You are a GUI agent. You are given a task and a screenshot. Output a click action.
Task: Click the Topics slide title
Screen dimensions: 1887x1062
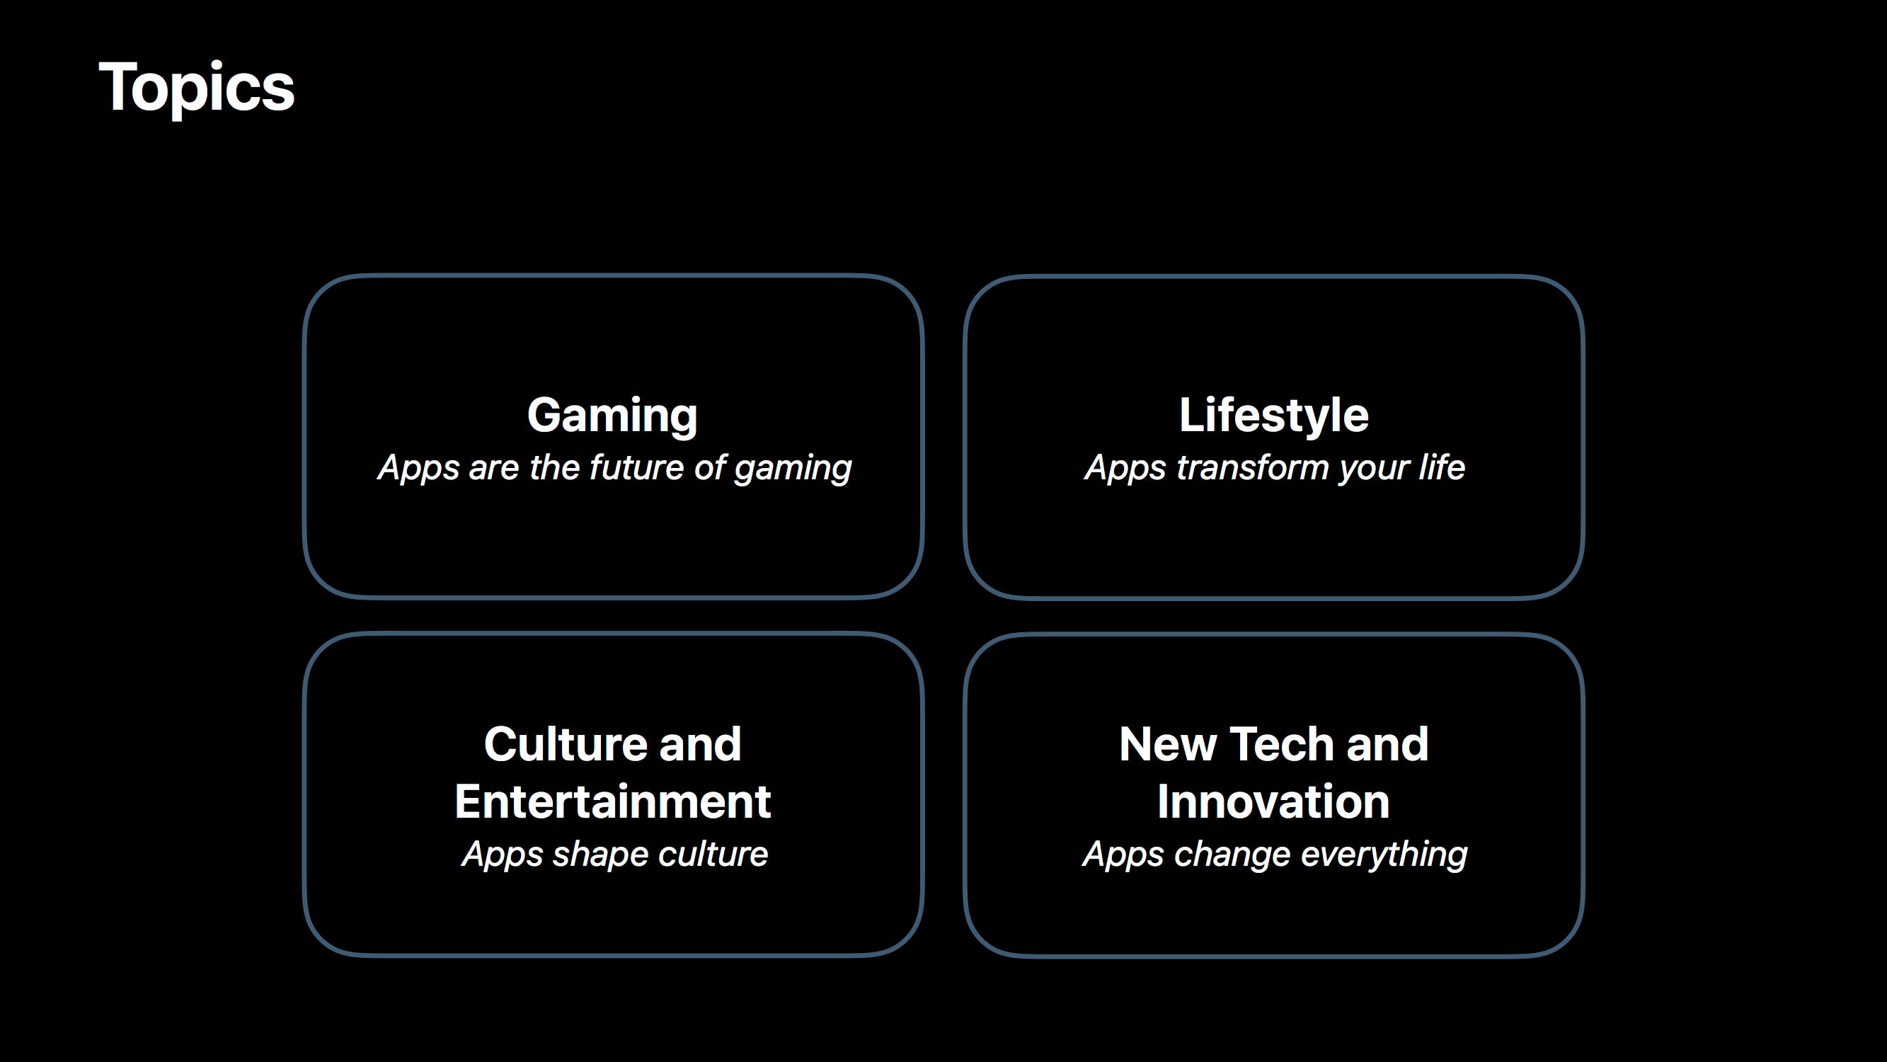[196, 88]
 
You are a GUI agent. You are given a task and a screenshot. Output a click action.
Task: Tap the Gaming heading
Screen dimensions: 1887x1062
[612, 416]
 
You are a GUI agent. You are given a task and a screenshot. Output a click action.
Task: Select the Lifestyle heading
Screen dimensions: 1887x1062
[1274, 416]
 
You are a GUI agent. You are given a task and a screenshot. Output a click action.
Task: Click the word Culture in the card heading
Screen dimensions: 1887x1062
[564, 744]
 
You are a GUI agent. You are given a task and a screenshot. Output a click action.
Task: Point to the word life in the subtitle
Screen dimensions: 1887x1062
[1442, 467]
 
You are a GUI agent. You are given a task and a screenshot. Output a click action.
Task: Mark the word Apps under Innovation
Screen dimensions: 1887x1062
[1124, 855]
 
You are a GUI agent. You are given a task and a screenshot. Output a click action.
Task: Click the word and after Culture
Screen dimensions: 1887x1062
[699, 744]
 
